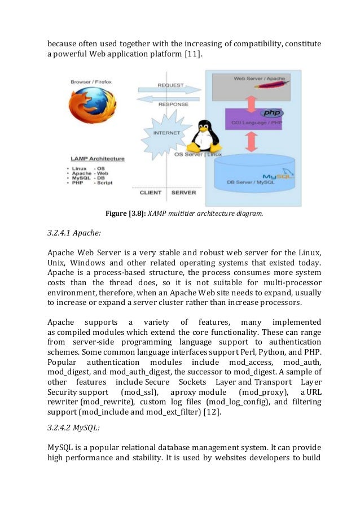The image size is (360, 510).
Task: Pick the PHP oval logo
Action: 271,113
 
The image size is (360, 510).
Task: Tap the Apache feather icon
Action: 277,85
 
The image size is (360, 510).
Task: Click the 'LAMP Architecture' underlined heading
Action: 98,159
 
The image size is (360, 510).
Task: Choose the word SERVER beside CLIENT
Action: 183,193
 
